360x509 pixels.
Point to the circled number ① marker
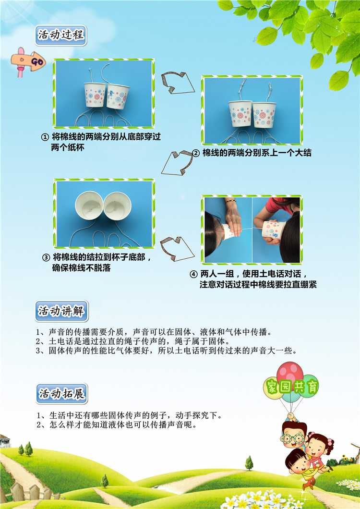(x=45, y=137)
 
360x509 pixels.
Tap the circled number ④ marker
(x=194, y=274)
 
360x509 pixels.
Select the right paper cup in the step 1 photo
(x=118, y=96)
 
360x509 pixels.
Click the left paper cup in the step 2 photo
(x=240, y=114)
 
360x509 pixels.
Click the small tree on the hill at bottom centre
(x=249, y=463)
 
